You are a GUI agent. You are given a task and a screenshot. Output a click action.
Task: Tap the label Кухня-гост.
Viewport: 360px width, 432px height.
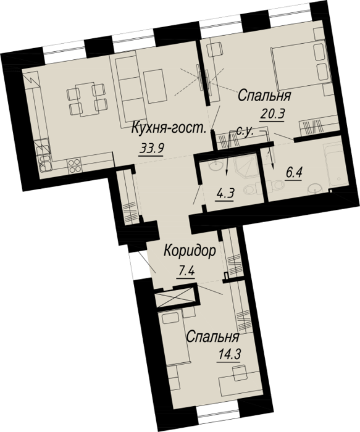click(x=169, y=128)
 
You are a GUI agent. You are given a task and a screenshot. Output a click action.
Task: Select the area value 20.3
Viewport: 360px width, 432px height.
click(x=272, y=114)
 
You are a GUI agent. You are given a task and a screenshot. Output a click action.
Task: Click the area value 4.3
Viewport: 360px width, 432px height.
click(x=225, y=194)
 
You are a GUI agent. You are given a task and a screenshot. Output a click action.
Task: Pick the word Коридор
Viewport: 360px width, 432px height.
click(x=190, y=252)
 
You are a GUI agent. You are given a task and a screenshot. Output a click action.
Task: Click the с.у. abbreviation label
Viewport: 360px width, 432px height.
click(x=245, y=132)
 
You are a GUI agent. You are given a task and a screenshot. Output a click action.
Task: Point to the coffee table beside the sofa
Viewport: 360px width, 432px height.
click(x=155, y=86)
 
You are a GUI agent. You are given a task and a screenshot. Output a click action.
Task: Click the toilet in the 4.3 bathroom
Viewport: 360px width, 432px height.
click(x=251, y=189)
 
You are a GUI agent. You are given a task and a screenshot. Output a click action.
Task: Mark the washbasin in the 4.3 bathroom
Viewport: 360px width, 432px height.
click(x=216, y=166)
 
